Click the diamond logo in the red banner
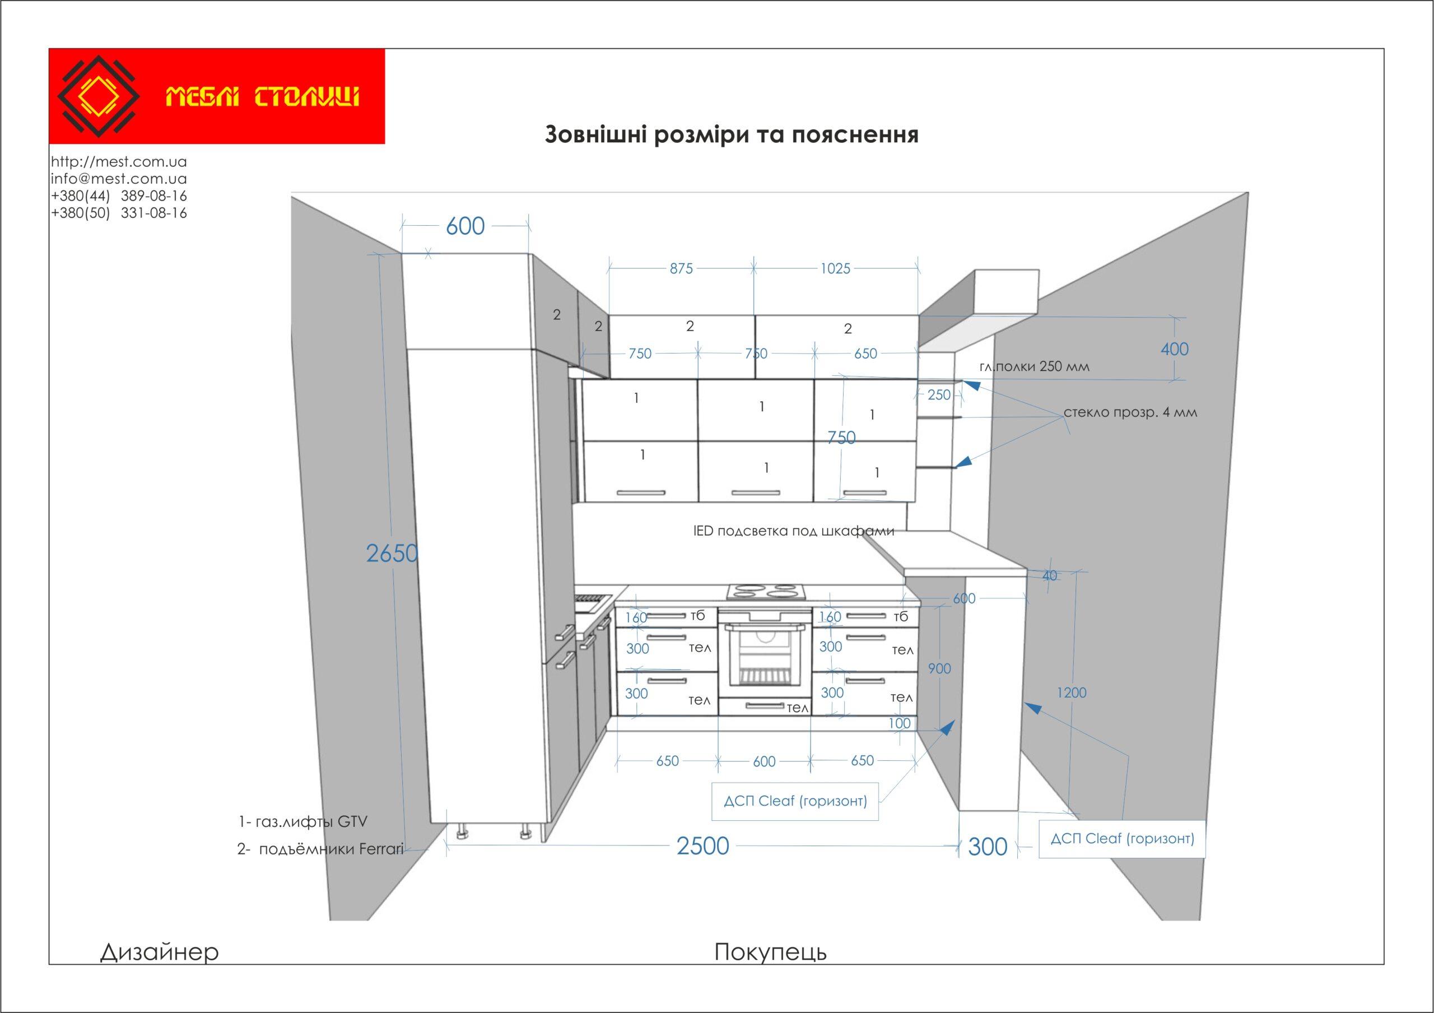tap(98, 96)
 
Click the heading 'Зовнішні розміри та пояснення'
tap(732, 134)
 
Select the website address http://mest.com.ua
tap(119, 162)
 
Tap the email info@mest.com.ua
tap(119, 179)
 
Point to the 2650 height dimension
tap(392, 554)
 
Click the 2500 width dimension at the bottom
tap(702, 846)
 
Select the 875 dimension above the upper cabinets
tap(681, 268)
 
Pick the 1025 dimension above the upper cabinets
tap(835, 268)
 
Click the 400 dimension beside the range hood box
tap(1174, 349)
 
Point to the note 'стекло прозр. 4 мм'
tap(1130, 412)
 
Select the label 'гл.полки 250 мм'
tap(1034, 366)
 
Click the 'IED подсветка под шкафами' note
tap(793, 531)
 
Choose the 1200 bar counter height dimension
tap(1071, 693)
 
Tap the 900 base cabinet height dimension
tap(939, 669)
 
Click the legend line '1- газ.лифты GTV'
tap(303, 822)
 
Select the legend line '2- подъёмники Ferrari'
tap(320, 849)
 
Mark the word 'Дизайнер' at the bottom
tap(159, 952)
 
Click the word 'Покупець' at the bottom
tap(770, 952)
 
